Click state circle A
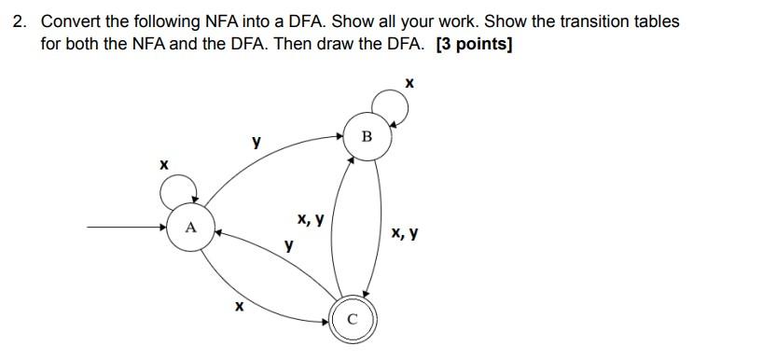point(191,227)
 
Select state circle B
point(366,137)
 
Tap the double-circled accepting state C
point(351,318)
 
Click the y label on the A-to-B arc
point(255,143)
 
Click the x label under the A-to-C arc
point(240,305)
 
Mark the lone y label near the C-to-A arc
point(289,246)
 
